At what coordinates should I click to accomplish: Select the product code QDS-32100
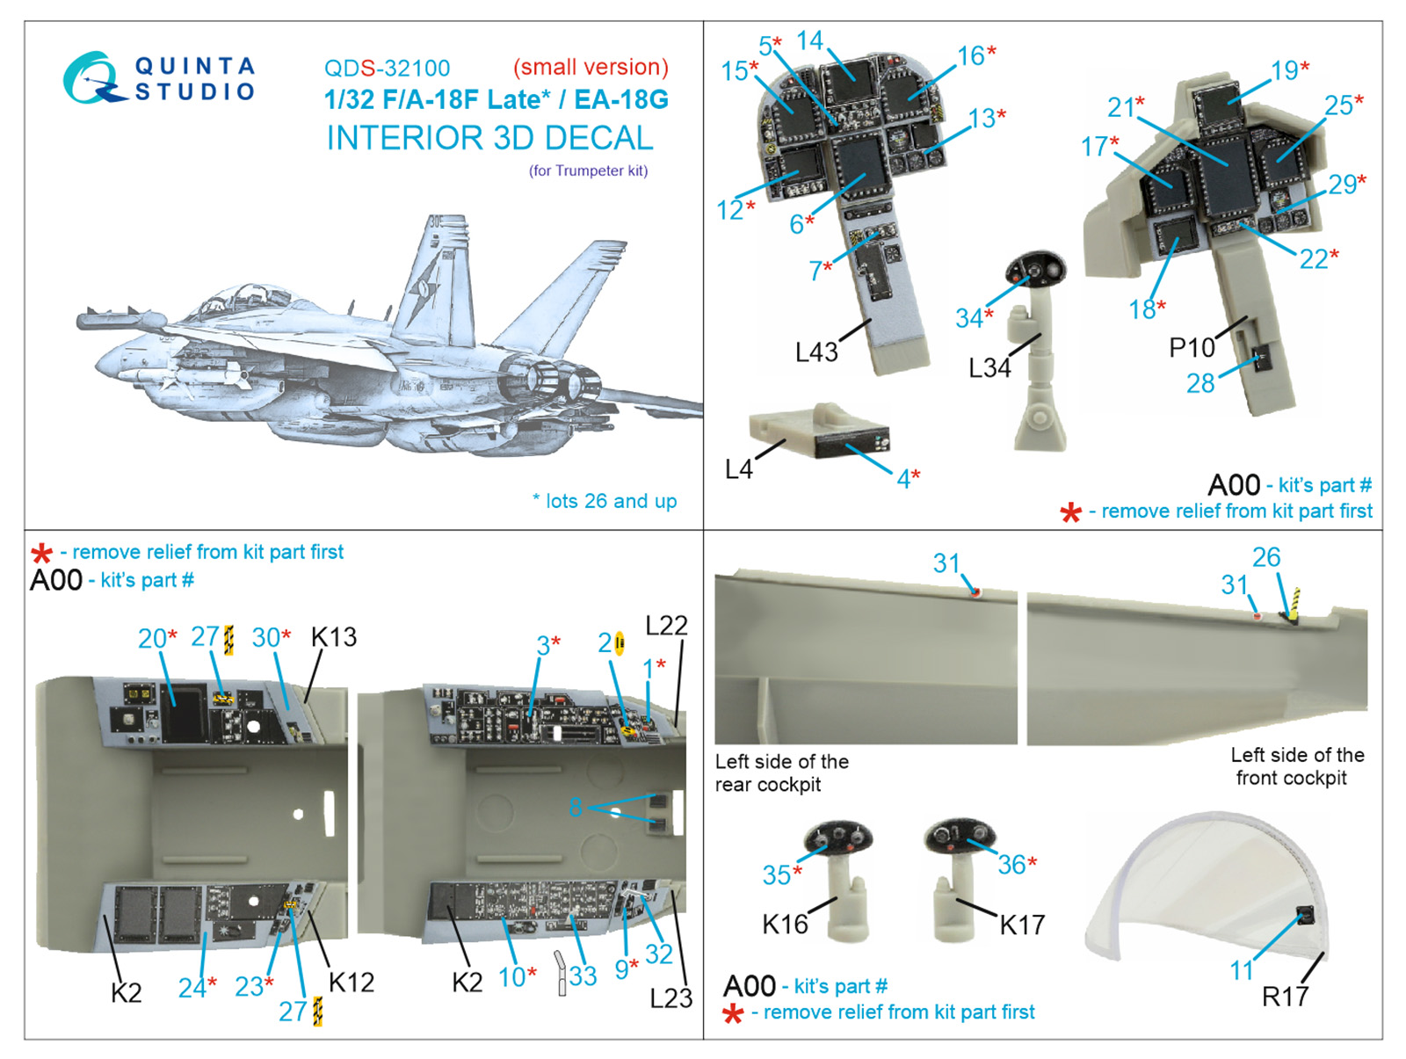387,68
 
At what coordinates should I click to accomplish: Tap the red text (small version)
591,67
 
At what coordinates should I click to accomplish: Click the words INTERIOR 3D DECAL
489,138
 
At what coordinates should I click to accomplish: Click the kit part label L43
815,352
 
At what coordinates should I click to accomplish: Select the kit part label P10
1191,347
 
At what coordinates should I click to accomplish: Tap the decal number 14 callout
809,40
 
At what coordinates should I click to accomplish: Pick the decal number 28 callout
1200,383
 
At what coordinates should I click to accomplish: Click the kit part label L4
738,469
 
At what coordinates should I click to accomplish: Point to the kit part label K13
334,637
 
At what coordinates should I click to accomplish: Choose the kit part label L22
666,626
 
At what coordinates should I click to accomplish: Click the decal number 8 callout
576,806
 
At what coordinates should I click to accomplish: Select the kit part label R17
1285,996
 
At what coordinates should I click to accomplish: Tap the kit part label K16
785,924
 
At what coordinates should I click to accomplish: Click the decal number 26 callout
1266,556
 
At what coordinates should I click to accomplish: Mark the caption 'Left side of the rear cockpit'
781,772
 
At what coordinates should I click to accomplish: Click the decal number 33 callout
582,975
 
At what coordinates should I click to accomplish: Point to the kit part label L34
989,367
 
